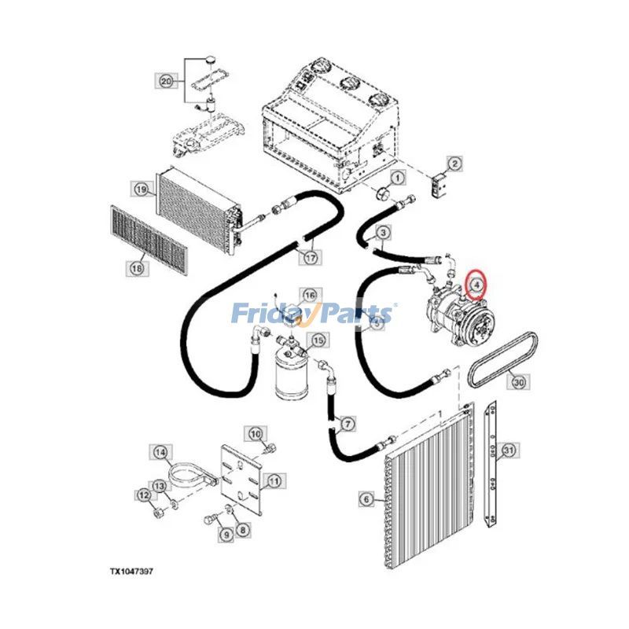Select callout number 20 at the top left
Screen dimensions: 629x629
tap(166, 82)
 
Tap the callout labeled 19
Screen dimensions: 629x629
tap(141, 189)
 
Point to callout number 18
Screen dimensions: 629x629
tap(137, 267)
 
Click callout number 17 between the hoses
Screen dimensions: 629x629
tap(311, 258)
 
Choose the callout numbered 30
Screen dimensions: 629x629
tap(518, 382)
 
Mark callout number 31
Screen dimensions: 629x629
tap(509, 450)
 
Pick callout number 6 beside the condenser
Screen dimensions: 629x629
tap(366, 499)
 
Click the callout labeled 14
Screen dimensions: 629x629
tap(160, 453)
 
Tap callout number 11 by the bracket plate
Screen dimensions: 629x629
tap(274, 480)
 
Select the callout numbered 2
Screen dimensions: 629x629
tap(454, 164)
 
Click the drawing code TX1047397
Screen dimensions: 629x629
tap(131, 572)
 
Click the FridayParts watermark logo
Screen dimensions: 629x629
tap(312, 313)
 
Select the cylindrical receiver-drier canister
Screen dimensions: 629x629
tap(291, 372)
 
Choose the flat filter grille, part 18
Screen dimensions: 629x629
tap(149, 240)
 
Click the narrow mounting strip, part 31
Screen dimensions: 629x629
tap(490, 464)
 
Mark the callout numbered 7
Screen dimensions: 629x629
tap(348, 424)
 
